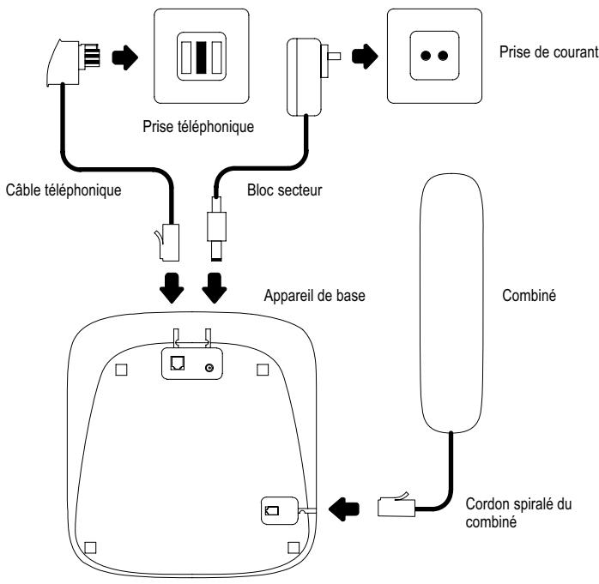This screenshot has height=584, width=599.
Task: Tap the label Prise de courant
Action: (548, 53)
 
